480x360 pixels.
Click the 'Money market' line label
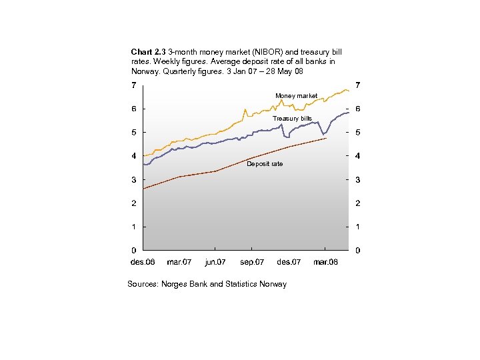click(x=297, y=96)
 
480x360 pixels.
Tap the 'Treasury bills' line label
click(x=292, y=119)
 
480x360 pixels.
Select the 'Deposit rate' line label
click(x=265, y=164)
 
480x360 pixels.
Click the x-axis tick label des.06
click(x=142, y=262)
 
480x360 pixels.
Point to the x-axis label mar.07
click(x=179, y=262)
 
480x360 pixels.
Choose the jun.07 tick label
click(x=215, y=262)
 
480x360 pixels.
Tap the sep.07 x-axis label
click(x=252, y=262)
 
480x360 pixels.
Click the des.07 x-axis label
click(x=289, y=262)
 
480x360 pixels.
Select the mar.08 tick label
click(x=325, y=262)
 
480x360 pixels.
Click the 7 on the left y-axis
click(x=133, y=85)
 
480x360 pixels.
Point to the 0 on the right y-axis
click(x=358, y=251)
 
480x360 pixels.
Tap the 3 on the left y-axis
click(x=133, y=180)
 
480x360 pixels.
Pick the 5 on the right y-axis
click(x=358, y=133)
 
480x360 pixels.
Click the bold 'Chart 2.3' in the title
click(x=149, y=51)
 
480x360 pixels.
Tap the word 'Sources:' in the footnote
click(x=143, y=284)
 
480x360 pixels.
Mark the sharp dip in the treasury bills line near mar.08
click(x=323, y=134)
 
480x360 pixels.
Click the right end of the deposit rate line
click(x=326, y=138)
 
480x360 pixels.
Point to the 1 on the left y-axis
click(x=133, y=227)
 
